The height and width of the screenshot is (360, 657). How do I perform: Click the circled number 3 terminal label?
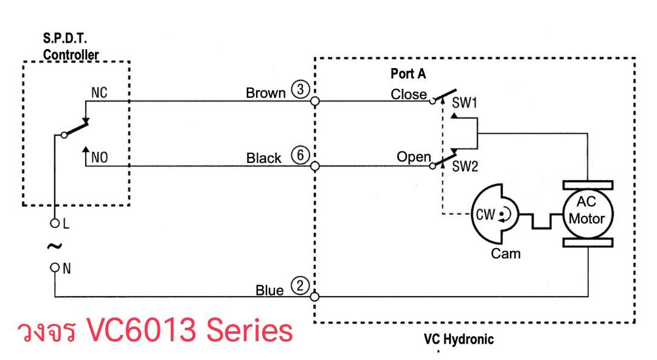coord(301,89)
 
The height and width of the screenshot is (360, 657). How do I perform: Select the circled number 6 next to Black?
coord(301,155)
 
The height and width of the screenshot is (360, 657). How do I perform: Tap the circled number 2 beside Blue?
coord(300,286)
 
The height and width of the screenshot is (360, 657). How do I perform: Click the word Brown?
coord(266,92)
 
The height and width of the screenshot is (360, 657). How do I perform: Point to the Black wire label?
coord(263,158)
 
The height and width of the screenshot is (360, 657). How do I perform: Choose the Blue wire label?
coord(269,291)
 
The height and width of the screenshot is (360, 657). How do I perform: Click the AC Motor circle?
coord(588,213)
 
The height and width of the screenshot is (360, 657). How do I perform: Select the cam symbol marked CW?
coord(495,213)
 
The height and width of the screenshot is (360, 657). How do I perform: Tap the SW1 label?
coord(464,103)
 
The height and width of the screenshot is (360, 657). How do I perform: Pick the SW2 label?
coord(465,167)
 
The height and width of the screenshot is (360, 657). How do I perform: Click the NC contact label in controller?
coord(99,92)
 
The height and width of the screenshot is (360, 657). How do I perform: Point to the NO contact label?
coord(100,157)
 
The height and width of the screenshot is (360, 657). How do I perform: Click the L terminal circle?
coord(55,223)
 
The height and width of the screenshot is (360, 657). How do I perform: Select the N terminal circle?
coord(55,268)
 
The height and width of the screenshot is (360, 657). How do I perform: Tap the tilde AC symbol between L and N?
coord(55,246)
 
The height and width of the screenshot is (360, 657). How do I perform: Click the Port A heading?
coord(408,74)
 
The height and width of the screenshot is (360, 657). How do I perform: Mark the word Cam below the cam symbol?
coord(506,254)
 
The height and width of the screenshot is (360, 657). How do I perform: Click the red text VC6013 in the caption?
coord(141,330)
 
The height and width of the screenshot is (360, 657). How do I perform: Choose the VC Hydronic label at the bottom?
coord(459,339)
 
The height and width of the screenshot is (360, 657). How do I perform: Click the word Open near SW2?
coord(414,157)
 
